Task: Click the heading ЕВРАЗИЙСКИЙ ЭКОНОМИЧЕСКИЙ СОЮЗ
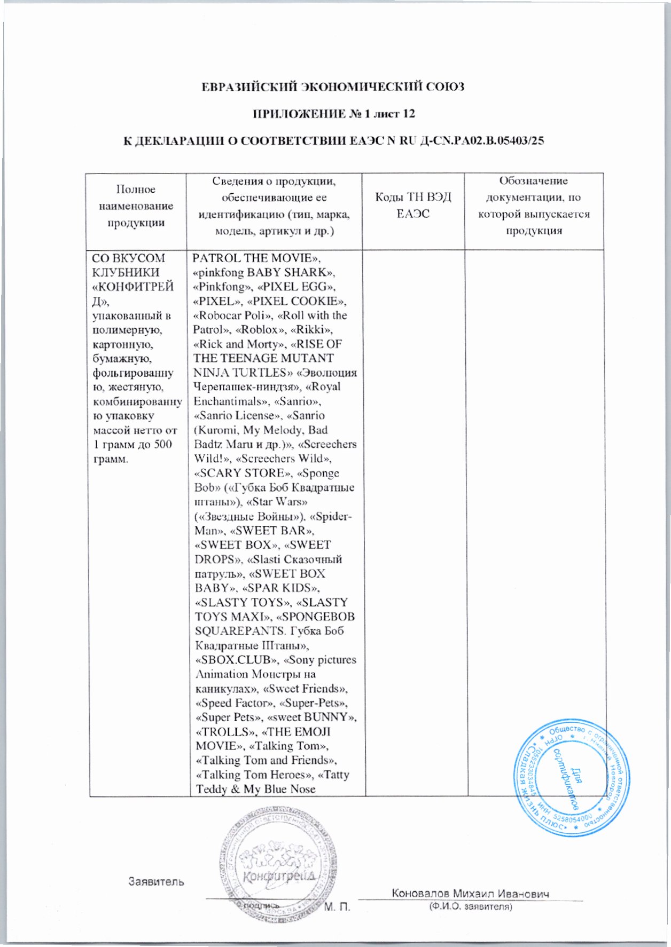point(333,86)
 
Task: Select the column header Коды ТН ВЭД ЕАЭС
point(413,206)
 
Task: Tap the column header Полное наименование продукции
point(136,206)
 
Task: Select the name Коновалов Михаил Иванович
point(471,894)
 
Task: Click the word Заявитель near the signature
point(156,882)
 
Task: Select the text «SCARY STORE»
point(241,473)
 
